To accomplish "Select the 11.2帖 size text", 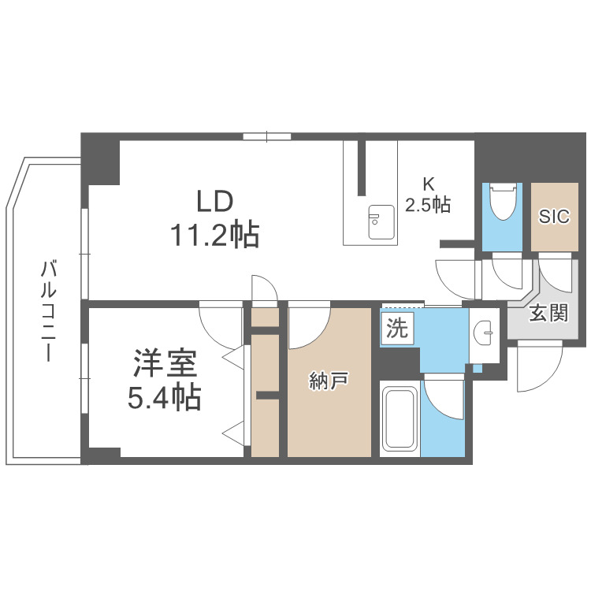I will (x=214, y=234).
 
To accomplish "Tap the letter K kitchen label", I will (x=428, y=184).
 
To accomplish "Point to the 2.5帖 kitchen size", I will (x=428, y=206).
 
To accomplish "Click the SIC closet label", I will (x=554, y=217).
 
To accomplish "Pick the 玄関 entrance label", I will (x=548, y=313).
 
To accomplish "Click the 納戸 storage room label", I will (x=329, y=382).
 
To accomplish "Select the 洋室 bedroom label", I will (x=165, y=365).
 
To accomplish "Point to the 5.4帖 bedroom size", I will (x=165, y=398).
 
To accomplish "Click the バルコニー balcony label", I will (x=48, y=312).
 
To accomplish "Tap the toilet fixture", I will (x=502, y=203).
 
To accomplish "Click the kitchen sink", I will (x=382, y=220).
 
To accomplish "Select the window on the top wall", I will (x=267, y=136).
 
